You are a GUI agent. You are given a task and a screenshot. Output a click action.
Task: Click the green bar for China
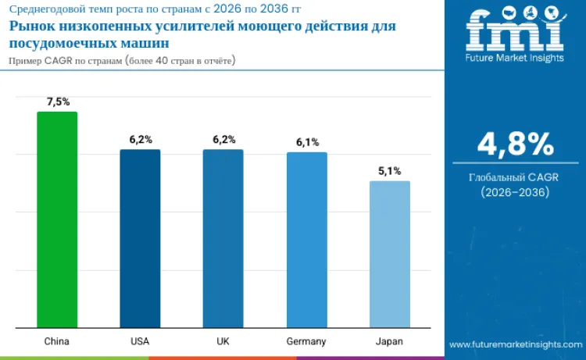(57, 219)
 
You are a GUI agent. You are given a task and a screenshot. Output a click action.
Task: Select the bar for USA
(140, 238)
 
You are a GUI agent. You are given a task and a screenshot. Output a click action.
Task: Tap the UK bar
(223, 238)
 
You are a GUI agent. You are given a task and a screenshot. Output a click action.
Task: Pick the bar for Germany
(306, 240)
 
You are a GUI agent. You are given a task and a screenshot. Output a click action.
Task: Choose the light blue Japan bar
(389, 254)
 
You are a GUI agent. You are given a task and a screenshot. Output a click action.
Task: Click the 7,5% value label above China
(58, 102)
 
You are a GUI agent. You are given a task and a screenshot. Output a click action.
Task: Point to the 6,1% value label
(307, 142)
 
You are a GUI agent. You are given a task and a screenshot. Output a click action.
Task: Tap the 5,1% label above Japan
(389, 171)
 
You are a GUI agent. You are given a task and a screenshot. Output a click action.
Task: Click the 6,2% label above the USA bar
(141, 139)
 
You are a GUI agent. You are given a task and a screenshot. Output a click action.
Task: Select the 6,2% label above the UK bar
(223, 139)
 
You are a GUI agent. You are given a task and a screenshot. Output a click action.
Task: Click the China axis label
(57, 341)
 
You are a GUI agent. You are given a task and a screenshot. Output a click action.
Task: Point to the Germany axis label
(306, 341)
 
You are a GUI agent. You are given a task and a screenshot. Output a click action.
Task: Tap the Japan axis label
(389, 341)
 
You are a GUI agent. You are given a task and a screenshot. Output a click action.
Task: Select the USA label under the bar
(140, 341)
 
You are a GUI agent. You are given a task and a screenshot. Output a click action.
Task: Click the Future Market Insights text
(514, 57)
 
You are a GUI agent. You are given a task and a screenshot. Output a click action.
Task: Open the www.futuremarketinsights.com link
(516, 344)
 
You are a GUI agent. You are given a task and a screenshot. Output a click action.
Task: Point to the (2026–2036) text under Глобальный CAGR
(515, 192)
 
